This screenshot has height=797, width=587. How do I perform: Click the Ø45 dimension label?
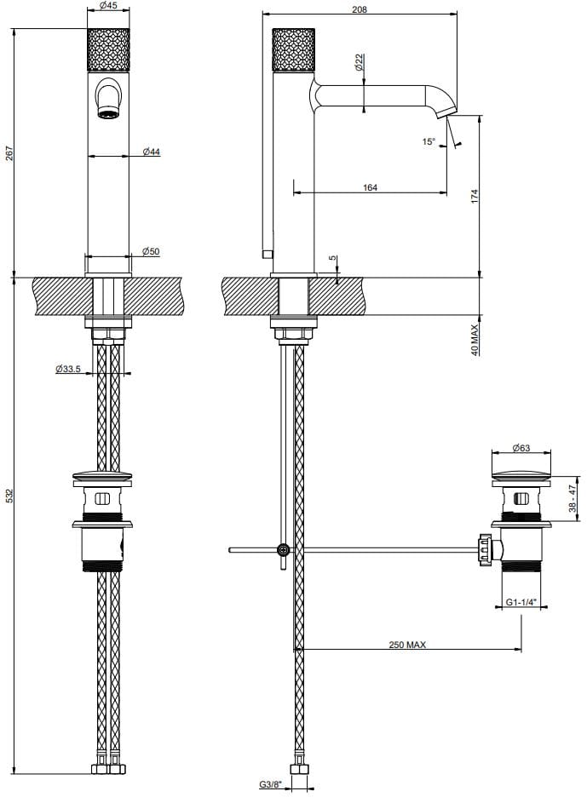[109, 6]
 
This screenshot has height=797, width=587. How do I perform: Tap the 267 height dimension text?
[9, 153]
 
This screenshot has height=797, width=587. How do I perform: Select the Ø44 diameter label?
[152, 152]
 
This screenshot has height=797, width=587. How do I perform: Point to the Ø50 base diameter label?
[151, 251]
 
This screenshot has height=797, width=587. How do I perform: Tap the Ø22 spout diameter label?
[359, 61]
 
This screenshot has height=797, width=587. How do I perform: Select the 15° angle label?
[429, 142]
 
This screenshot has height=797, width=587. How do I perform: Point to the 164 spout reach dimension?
[370, 187]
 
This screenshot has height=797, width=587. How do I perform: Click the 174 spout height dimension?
[475, 195]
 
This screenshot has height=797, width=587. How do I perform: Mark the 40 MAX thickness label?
[475, 338]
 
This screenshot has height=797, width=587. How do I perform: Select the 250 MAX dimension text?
[407, 645]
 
